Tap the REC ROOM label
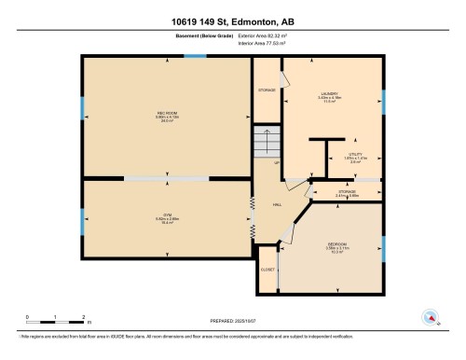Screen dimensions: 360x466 click(167, 116)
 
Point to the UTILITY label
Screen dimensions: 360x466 click(355, 157)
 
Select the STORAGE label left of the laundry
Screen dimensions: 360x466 click(267, 90)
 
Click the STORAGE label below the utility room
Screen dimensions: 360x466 click(347, 193)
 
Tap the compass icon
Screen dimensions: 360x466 click(430, 317)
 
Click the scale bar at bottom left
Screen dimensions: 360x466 click(56, 322)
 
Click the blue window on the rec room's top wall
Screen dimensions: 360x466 click(195, 56)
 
